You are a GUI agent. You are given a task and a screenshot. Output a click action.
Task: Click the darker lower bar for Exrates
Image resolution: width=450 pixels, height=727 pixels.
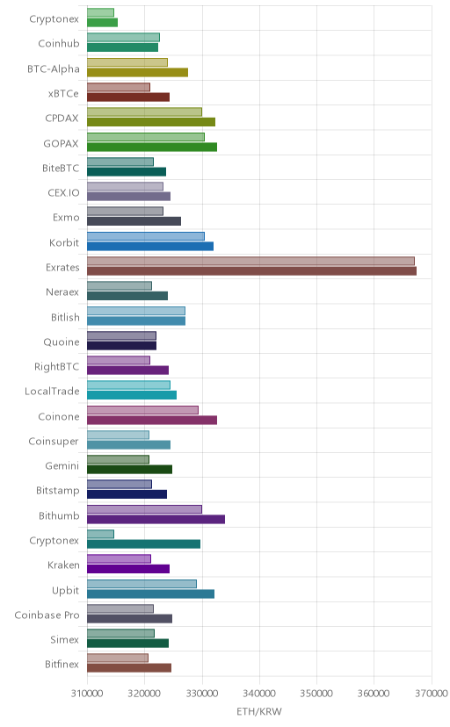pos(251,270)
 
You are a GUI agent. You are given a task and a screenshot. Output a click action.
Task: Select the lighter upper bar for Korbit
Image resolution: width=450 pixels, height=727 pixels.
pos(146,236)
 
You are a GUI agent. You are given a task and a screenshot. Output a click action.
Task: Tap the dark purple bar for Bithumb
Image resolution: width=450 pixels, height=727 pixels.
pos(156,519)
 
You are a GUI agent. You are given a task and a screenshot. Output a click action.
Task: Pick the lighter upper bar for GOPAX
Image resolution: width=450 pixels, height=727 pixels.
pos(146,137)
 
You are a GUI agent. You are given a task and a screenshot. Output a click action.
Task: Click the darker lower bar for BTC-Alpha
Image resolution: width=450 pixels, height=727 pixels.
pos(137,72)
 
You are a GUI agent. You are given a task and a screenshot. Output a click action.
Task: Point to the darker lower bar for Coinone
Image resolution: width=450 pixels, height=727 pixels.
pos(152,420)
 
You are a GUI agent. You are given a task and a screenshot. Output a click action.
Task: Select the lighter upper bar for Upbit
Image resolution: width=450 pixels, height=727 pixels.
pos(142,584)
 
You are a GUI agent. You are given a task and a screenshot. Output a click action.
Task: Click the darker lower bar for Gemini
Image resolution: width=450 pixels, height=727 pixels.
pos(129,470)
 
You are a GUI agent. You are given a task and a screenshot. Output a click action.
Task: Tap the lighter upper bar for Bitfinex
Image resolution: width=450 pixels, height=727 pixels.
pos(118,658)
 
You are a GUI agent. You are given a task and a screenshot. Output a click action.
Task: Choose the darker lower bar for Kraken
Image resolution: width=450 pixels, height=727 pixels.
pos(128,569)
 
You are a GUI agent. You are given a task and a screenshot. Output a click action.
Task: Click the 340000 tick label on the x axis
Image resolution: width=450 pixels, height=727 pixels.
pos(259,694)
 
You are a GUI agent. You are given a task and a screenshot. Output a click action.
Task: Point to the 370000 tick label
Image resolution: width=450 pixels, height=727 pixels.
pos(432,694)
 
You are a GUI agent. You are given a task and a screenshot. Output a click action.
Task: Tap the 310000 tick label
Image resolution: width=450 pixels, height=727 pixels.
pos(87,694)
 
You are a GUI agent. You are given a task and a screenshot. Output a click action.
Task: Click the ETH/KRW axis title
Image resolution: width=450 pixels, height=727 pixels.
pos(259,712)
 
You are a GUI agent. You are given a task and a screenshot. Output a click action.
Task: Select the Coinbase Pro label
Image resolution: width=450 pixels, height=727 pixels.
pos(47,615)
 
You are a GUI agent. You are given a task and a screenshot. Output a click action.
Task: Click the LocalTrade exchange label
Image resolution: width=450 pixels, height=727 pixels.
pos(52,392)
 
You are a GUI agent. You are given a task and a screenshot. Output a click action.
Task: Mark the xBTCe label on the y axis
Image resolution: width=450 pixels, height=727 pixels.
pos(63,94)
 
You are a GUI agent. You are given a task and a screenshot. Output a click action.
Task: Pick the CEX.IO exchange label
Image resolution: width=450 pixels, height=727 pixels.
pos(63,193)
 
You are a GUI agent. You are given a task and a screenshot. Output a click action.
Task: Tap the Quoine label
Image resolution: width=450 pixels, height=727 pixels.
pos(62,342)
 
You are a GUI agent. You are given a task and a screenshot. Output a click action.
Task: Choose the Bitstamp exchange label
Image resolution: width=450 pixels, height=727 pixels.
pos(58,491)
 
